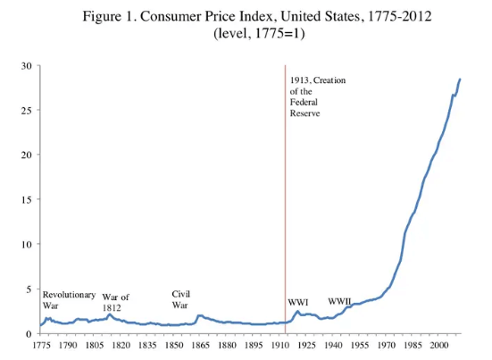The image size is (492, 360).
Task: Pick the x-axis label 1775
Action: [41, 344]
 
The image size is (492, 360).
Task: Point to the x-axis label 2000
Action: [438, 344]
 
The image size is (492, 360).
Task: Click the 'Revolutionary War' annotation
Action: [69, 299]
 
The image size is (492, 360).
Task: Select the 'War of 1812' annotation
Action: [116, 302]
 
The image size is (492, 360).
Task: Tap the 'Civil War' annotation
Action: [180, 299]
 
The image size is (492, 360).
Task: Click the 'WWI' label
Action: [297, 303]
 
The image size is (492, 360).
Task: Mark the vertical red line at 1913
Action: [286, 197]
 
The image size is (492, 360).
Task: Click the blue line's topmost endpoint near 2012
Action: [460, 80]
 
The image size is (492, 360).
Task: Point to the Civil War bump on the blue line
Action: [200, 315]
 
